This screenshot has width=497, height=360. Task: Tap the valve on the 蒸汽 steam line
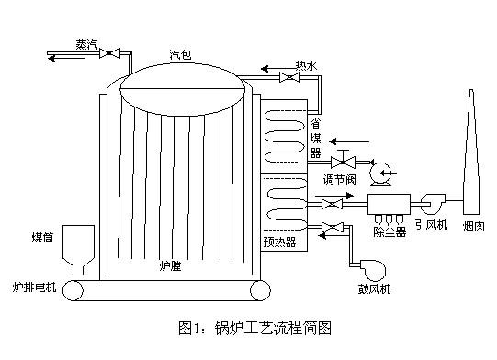(110, 56)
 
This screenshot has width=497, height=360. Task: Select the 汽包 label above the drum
(181, 55)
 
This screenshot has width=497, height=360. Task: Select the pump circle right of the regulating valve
(378, 170)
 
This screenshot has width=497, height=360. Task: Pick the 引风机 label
(431, 225)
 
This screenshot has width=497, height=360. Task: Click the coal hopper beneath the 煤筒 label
(81, 249)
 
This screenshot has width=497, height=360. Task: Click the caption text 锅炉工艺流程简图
(275, 326)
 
